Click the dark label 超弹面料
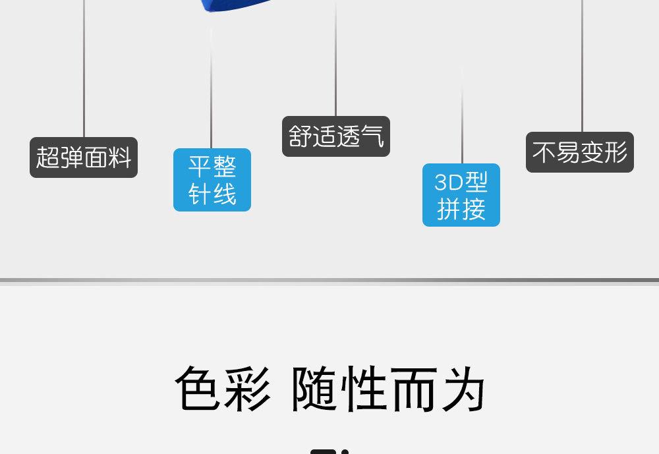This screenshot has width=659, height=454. [84, 157]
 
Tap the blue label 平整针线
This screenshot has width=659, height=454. [212, 180]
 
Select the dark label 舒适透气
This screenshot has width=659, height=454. [336, 136]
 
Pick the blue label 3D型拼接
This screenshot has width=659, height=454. [461, 195]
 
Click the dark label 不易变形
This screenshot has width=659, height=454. [580, 152]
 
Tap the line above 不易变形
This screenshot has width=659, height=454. [582, 66]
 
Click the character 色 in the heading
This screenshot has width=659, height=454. [198, 389]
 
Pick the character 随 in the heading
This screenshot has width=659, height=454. [314, 389]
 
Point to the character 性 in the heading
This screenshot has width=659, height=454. [364, 389]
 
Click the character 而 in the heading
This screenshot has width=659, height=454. [413, 389]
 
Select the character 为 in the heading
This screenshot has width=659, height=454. [462, 389]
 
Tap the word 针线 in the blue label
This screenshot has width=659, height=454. [212, 194]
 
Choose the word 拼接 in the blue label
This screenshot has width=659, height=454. [461, 209]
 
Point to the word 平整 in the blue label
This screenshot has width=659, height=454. [212, 166]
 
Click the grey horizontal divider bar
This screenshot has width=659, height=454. [329, 280]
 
